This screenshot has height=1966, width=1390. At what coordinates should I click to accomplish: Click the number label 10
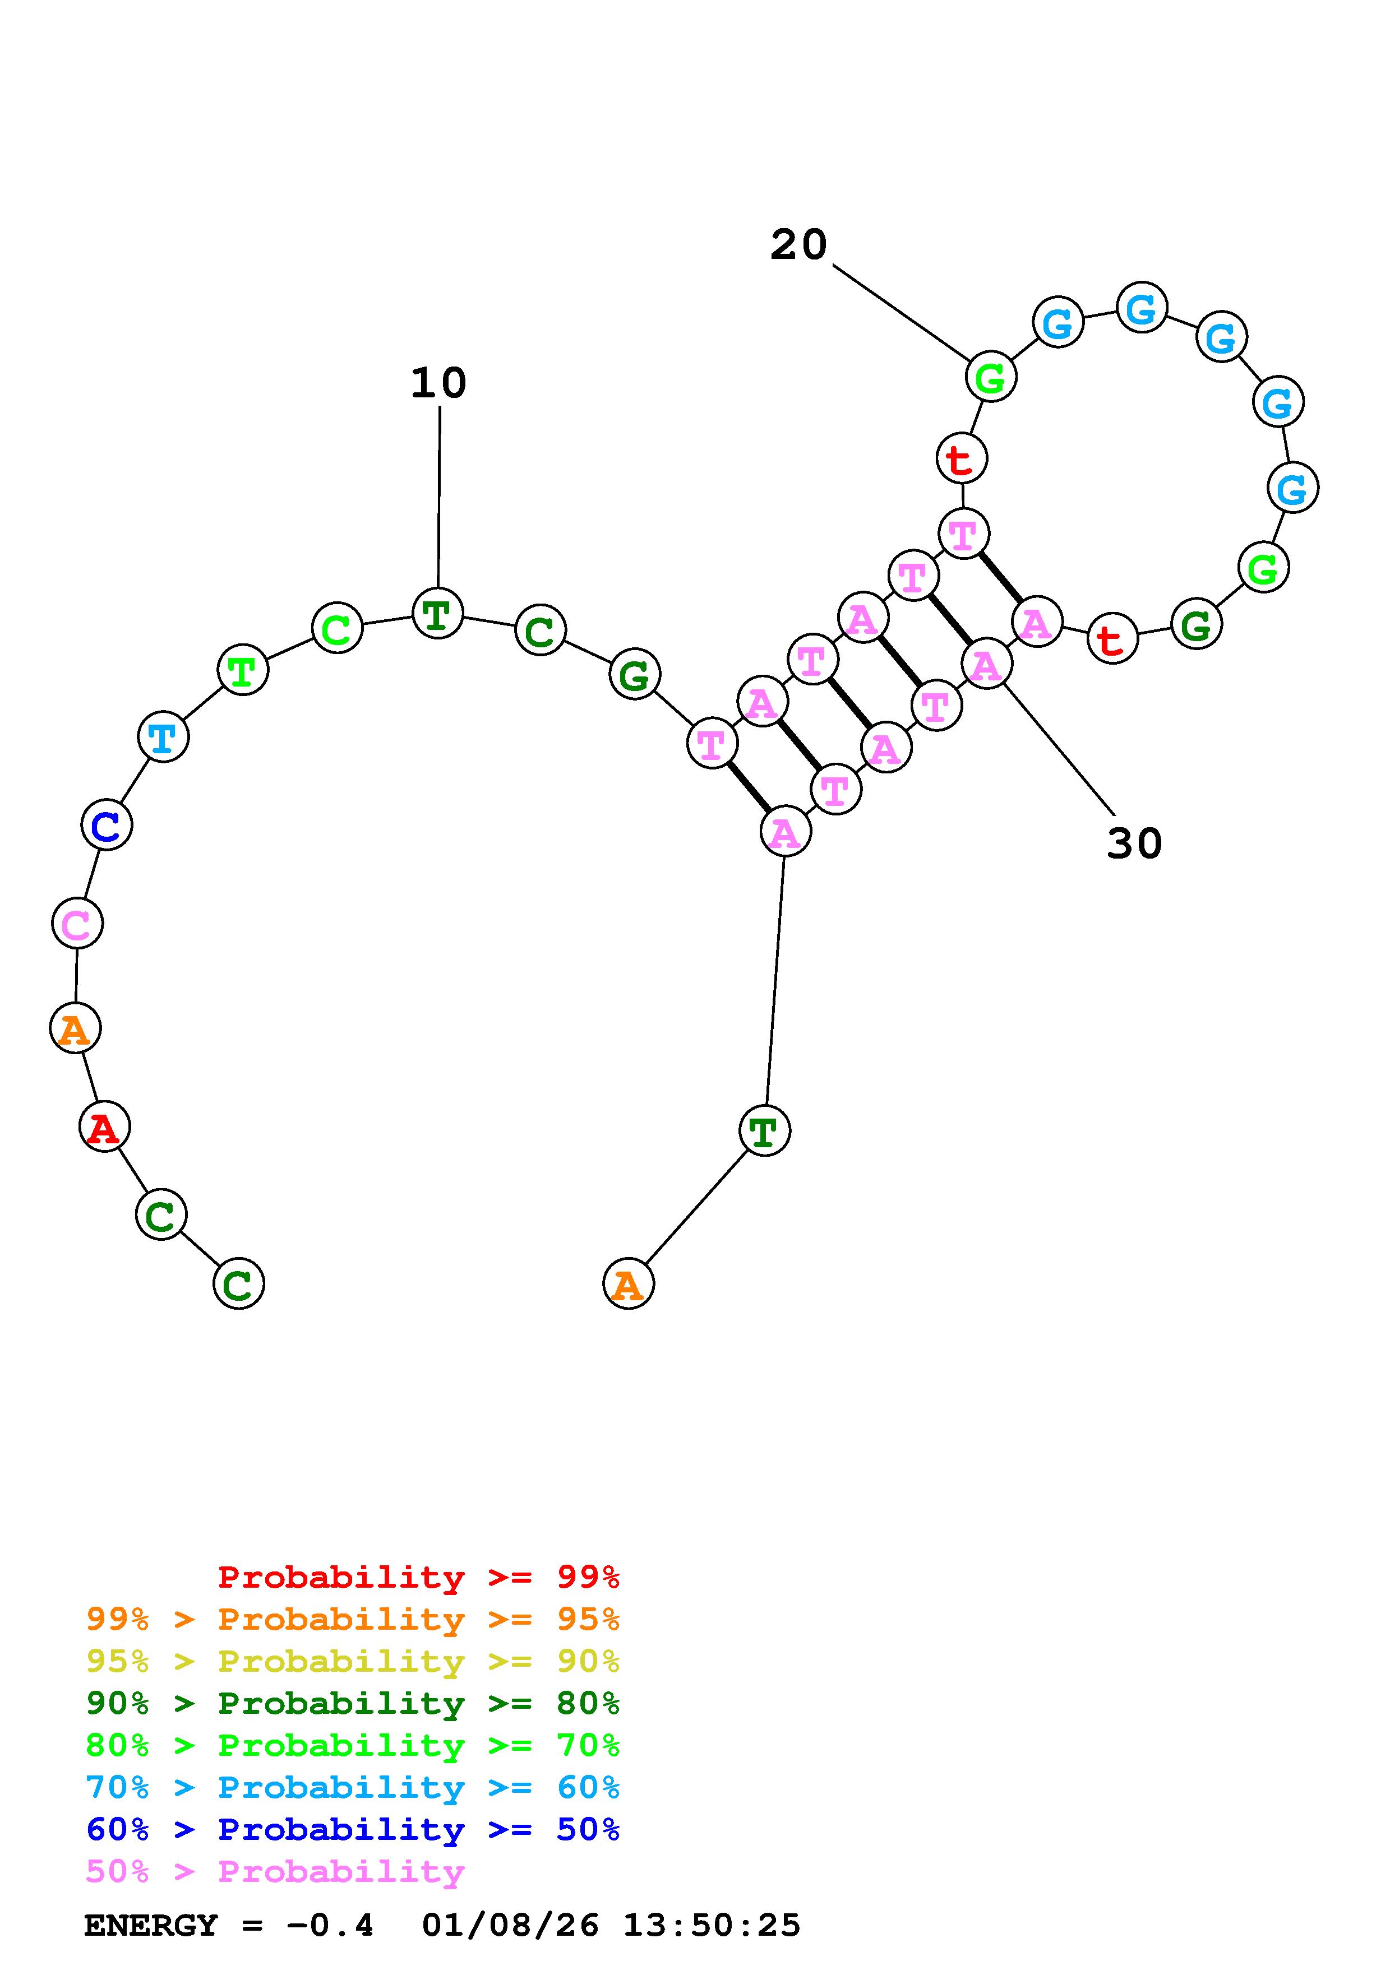click(438, 383)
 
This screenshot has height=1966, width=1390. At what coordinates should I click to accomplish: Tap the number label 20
click(798, 245)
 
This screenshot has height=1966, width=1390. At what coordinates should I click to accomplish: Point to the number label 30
click(1134, 844)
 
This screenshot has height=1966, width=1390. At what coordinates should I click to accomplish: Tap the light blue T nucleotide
click(163, 736)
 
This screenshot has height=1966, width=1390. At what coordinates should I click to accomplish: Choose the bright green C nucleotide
click(338, 628)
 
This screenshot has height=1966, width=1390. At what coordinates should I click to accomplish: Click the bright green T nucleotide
click(243, 670)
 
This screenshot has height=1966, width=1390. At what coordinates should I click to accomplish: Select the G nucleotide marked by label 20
click(991, 376)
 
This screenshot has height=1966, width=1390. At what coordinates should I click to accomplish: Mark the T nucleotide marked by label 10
click(438, 613)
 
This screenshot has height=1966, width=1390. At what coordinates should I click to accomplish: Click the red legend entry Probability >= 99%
click(419, 1577)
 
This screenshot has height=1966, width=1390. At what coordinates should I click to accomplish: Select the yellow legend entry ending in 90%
click(353, 1662)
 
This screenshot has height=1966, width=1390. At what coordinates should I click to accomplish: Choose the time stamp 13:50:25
click(711, 1926)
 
